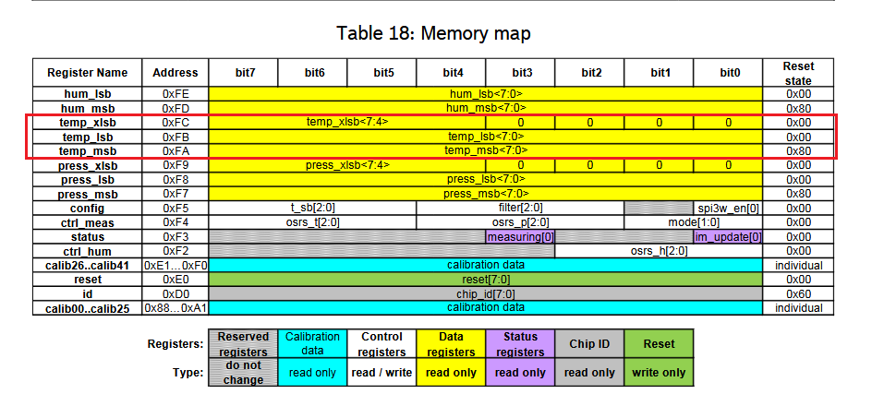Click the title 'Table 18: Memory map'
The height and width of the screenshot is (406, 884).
click(433, 33)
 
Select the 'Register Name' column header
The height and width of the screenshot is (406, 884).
click(88, 73)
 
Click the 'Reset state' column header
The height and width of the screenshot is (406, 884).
click(798, 73)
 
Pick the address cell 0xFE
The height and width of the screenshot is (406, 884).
click(176, 94)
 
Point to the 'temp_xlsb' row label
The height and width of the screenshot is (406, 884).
click(88, 122)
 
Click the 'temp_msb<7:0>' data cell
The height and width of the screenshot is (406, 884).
click(485, 150)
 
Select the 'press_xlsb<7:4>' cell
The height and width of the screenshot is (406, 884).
click(347, 165)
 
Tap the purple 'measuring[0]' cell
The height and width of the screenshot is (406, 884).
click(520, 237)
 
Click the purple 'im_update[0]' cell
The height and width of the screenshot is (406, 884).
click(728, 237)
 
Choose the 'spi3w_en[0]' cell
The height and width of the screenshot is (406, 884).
click(728, 209)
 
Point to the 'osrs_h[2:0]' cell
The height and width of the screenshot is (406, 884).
click(659, 251)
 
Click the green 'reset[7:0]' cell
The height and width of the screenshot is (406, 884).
click(485, 280)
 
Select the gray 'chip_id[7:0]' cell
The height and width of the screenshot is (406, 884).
click(485, 294)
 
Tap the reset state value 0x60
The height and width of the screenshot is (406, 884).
click(798, 294)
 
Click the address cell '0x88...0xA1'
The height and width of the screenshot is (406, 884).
click(176, 308)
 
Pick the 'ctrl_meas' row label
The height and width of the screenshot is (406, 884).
click(88, 222)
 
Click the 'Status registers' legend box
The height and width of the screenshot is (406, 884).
click(520, 344)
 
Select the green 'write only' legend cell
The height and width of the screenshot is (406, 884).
click(659, 372)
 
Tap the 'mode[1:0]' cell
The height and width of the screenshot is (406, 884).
click(694, 222)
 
